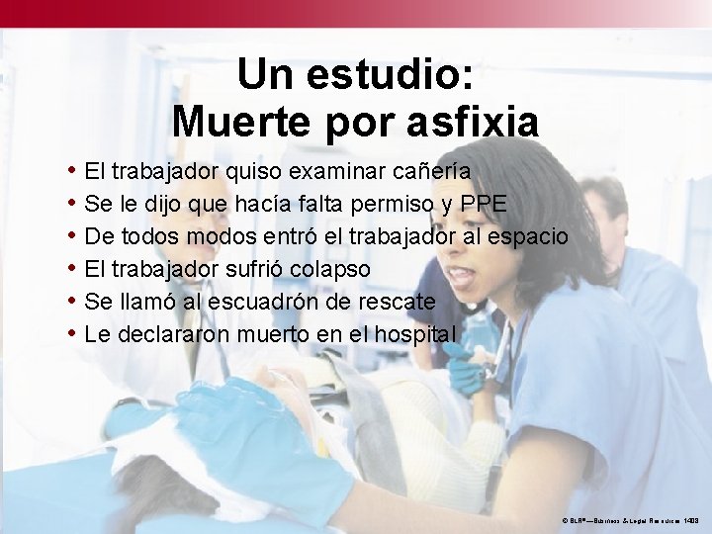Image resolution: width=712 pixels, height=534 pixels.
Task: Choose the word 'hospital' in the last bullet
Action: click(x=412, y=334)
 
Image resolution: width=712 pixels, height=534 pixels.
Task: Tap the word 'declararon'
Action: click(x=173, y=334)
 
